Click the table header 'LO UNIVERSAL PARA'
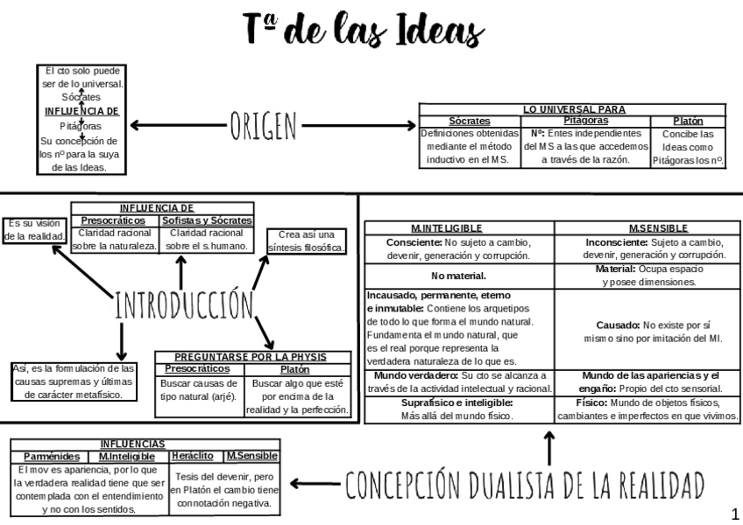coord(573,109)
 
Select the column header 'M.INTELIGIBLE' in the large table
coord(458,227)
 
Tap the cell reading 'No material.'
coord(459,276)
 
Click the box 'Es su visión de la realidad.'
coord(35,229)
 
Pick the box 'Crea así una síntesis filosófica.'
coord(306,241)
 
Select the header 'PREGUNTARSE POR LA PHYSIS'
coord(252,357)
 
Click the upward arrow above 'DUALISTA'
coord(549,447)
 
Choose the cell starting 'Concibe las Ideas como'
coord(689,147)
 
